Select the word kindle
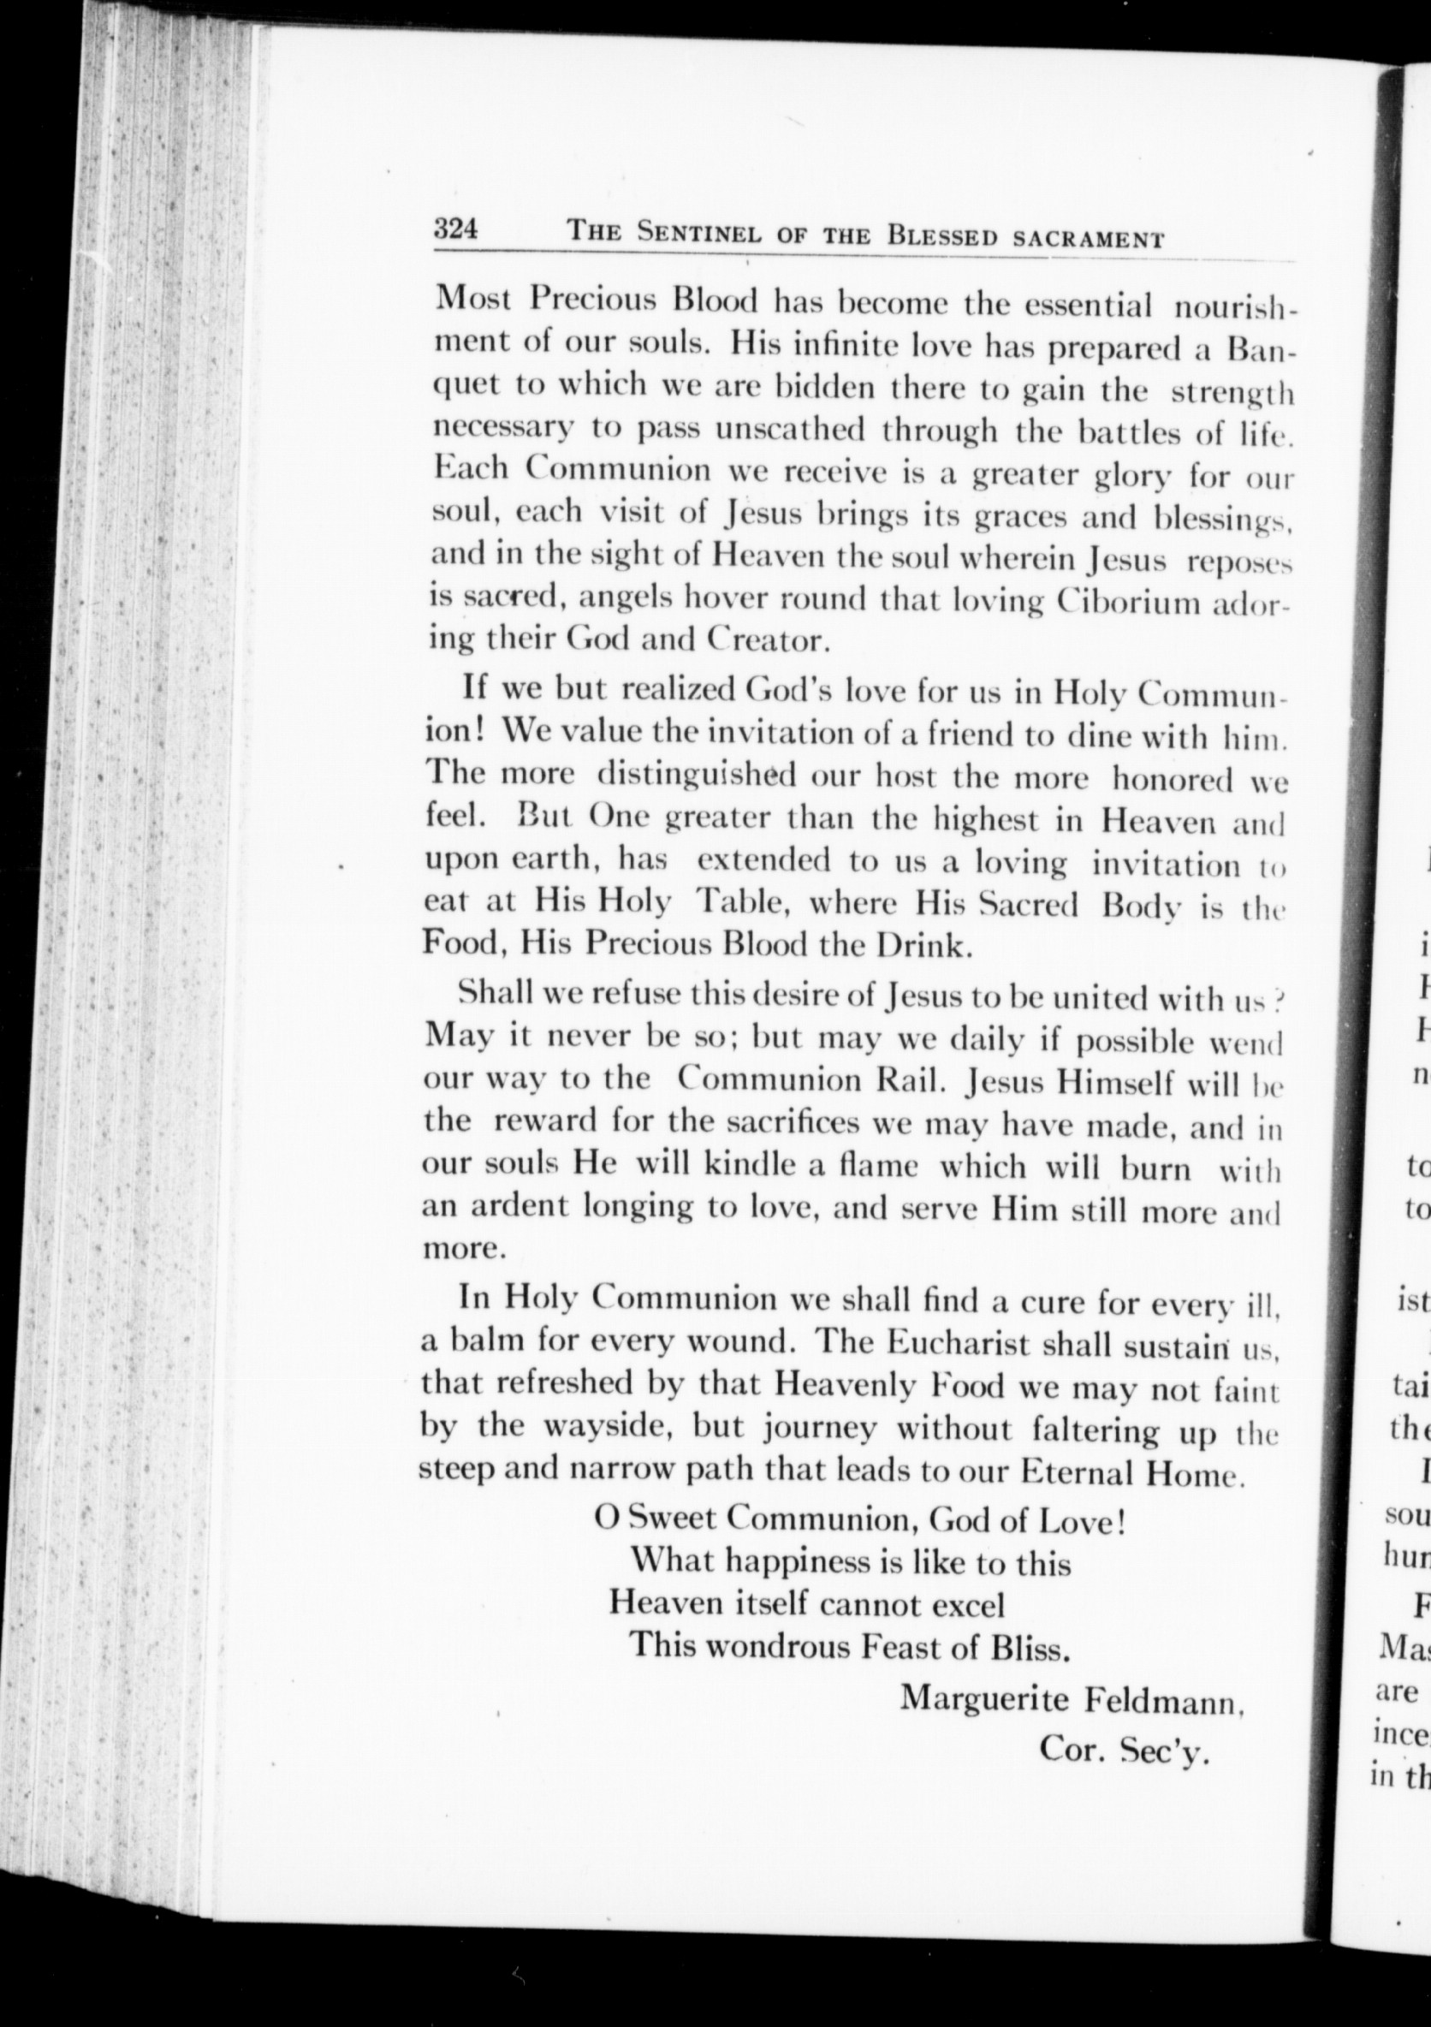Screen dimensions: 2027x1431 coord(751,1167)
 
